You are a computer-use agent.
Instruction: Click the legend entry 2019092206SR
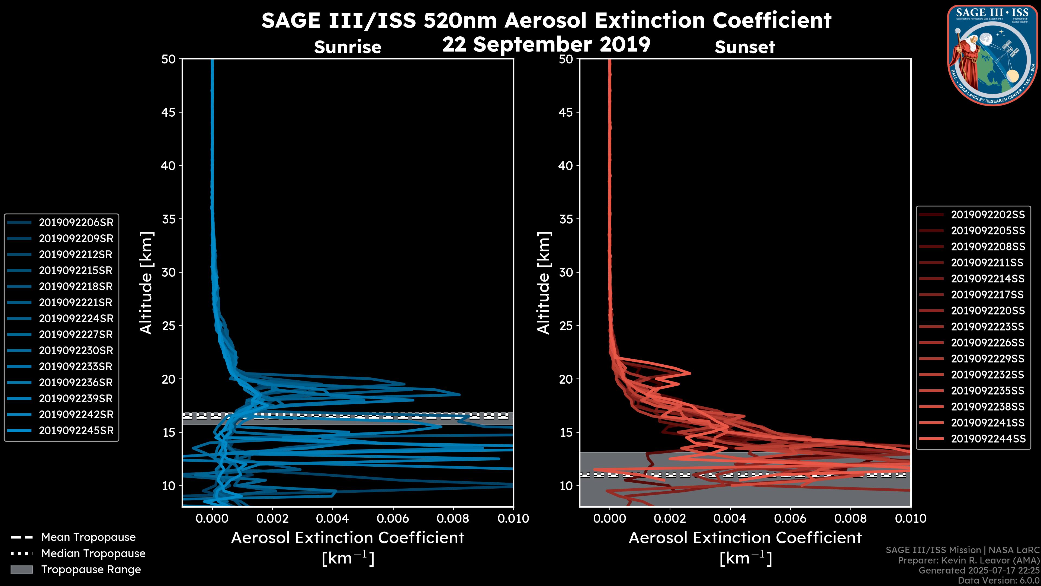click(76, 222)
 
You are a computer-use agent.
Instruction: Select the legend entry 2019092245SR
click(76, 431)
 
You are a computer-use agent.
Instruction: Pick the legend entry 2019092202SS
click(988, 215)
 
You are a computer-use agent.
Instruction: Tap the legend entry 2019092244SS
click(988, 439)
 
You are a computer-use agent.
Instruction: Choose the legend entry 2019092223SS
click(988, 327)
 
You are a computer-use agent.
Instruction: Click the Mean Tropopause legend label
click(88, 537)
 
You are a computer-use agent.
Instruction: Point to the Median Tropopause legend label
click(93, 554)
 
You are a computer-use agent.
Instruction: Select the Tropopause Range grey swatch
click(21, 570)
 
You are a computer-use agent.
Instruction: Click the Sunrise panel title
click(348, 47)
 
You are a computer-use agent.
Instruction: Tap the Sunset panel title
click(745, 47)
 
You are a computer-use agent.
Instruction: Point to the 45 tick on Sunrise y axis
click(169, 112)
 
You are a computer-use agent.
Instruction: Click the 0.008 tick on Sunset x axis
click(851, 518)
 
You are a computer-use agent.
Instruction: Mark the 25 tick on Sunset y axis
click(566, 326)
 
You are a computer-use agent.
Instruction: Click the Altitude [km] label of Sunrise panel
click(146, 283)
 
